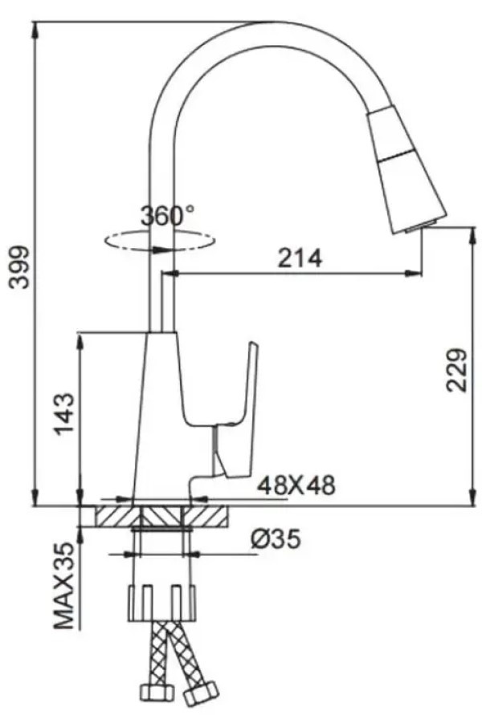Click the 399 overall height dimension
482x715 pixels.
[20, 268]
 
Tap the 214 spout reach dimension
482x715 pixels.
[300, 258]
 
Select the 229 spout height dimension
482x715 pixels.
[456, 370]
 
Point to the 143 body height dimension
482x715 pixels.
[64, 414]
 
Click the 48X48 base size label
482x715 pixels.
[296, 485]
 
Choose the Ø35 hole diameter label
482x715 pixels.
[276, 539]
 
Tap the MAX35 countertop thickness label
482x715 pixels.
[64, 586]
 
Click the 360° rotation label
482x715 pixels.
[167, 215]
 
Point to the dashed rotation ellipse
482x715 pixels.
[159, 242]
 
